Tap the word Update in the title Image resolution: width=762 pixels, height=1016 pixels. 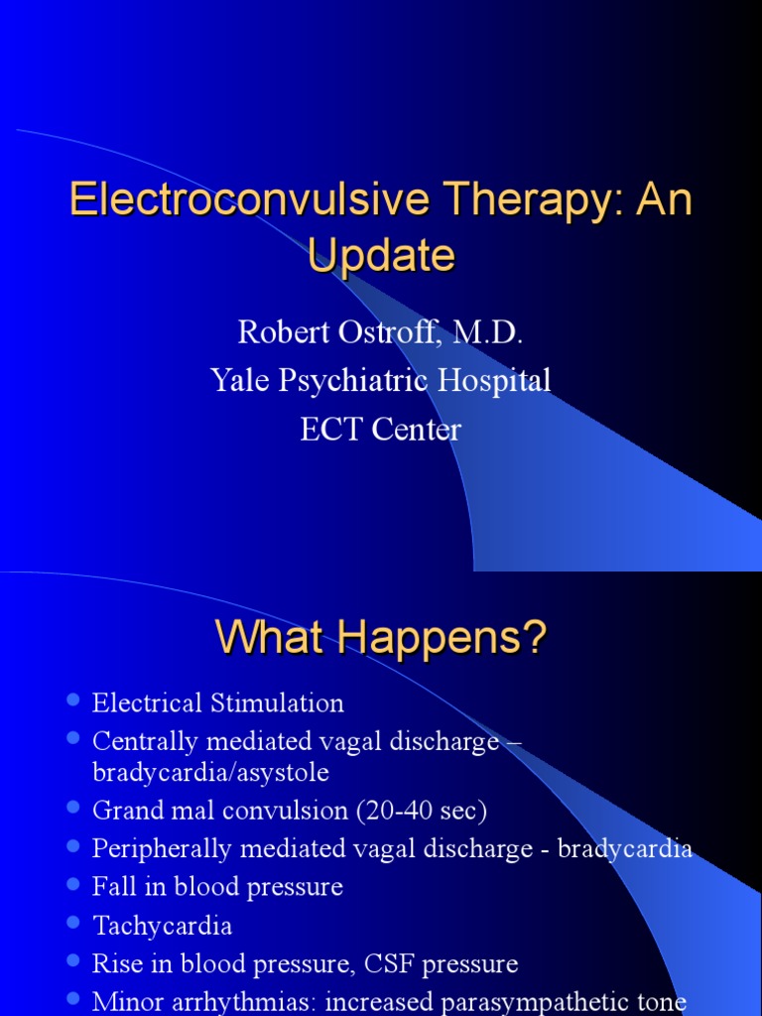click(x=381, y=256)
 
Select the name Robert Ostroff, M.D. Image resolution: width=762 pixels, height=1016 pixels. click(x=381, y=332)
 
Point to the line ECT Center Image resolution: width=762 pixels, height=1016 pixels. click(x=381, y=429)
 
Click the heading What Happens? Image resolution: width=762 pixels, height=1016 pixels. click(x=381, y=639)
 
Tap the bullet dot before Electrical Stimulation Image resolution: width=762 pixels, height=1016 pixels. click(x=71, y=701)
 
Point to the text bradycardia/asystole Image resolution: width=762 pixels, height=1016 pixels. click(x=210, y=771)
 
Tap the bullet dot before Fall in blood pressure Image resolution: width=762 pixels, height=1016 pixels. click(x=71, y=884)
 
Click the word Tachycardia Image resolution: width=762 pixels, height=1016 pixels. click(x=163, y=926)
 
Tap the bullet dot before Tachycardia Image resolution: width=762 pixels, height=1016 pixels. click(x=71, y=923)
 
